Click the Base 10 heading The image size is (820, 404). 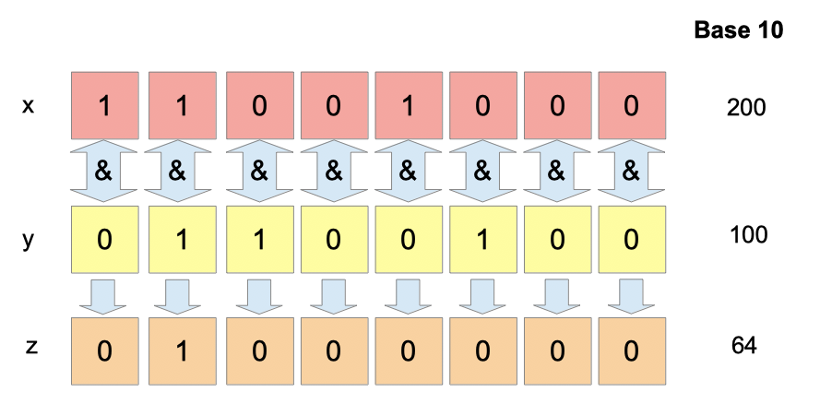click(x=739, y=30)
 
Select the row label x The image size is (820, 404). click(x=29, y=107)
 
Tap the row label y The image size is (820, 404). click(x=29, y=241)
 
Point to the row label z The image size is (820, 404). click(x=31, y=346)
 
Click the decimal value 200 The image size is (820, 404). click(x=746, y=108)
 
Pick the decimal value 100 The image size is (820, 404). click(x=748, y=235)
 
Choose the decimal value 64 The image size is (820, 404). click(x=744, y=346)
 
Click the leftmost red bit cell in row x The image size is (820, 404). click(x=105, y=105)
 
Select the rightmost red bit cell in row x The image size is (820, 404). click(x=632, y=105)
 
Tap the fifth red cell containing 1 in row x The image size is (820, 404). click(x=409, y=105)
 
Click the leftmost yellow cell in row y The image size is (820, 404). click(x=105, y=240)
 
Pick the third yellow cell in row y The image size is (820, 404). click(x=260, y=240)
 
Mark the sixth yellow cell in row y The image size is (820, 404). click(x=482, y=240)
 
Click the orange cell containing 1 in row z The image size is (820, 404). click(x=183, y=351)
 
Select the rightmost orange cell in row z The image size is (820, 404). click(x=632, y=351)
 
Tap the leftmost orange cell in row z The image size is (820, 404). click(x=105, y=351)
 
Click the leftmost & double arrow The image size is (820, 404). click(x=103, y=171)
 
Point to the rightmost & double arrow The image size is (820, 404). click(x=631, y=171)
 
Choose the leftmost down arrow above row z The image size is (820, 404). click(x=103, y=297)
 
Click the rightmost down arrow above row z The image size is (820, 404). click(x=631, y=297)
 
